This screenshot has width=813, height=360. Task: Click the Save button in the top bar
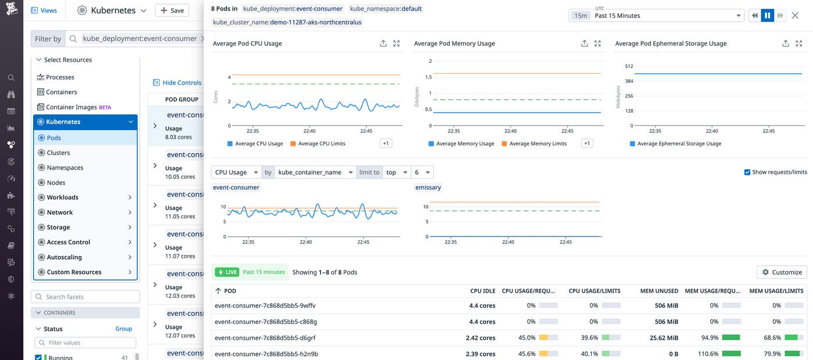[x=172, y=10]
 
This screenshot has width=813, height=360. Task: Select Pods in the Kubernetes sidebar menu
[x=54, y=138]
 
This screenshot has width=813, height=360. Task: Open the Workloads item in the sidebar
[x=62, y=197]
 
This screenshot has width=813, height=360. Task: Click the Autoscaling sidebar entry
[x=64, y=257]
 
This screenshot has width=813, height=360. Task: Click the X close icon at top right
[x=795, y=16]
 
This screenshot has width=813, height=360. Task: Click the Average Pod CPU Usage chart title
[x=247, y=44]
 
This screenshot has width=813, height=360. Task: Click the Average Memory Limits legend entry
[x=538, y=143]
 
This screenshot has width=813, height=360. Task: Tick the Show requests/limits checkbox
[x=747, y=172]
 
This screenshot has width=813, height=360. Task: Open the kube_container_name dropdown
[x=315, y=172]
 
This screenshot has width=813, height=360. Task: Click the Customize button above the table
[x=782, y=272]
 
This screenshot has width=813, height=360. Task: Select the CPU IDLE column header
[x=483, y=291]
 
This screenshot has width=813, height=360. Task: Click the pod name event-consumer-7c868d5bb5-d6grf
[x=265, y=337]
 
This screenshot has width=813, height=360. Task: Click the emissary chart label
[x=428, y=188]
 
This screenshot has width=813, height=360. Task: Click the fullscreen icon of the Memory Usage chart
[x=598, y=44]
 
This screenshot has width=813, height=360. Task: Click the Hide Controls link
[x=177, y=82]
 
